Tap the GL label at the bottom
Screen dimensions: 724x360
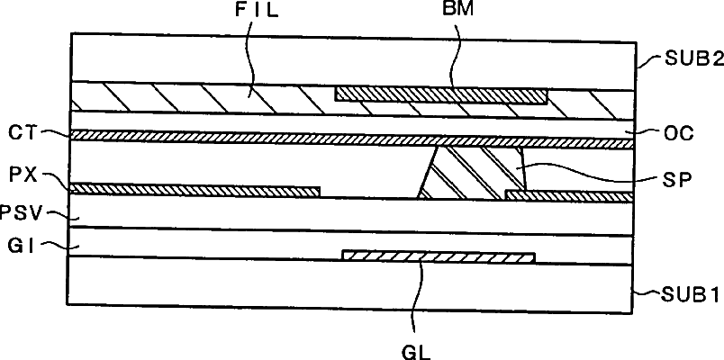[x=415, y=345]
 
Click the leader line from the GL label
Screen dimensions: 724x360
[x=416, y=297]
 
